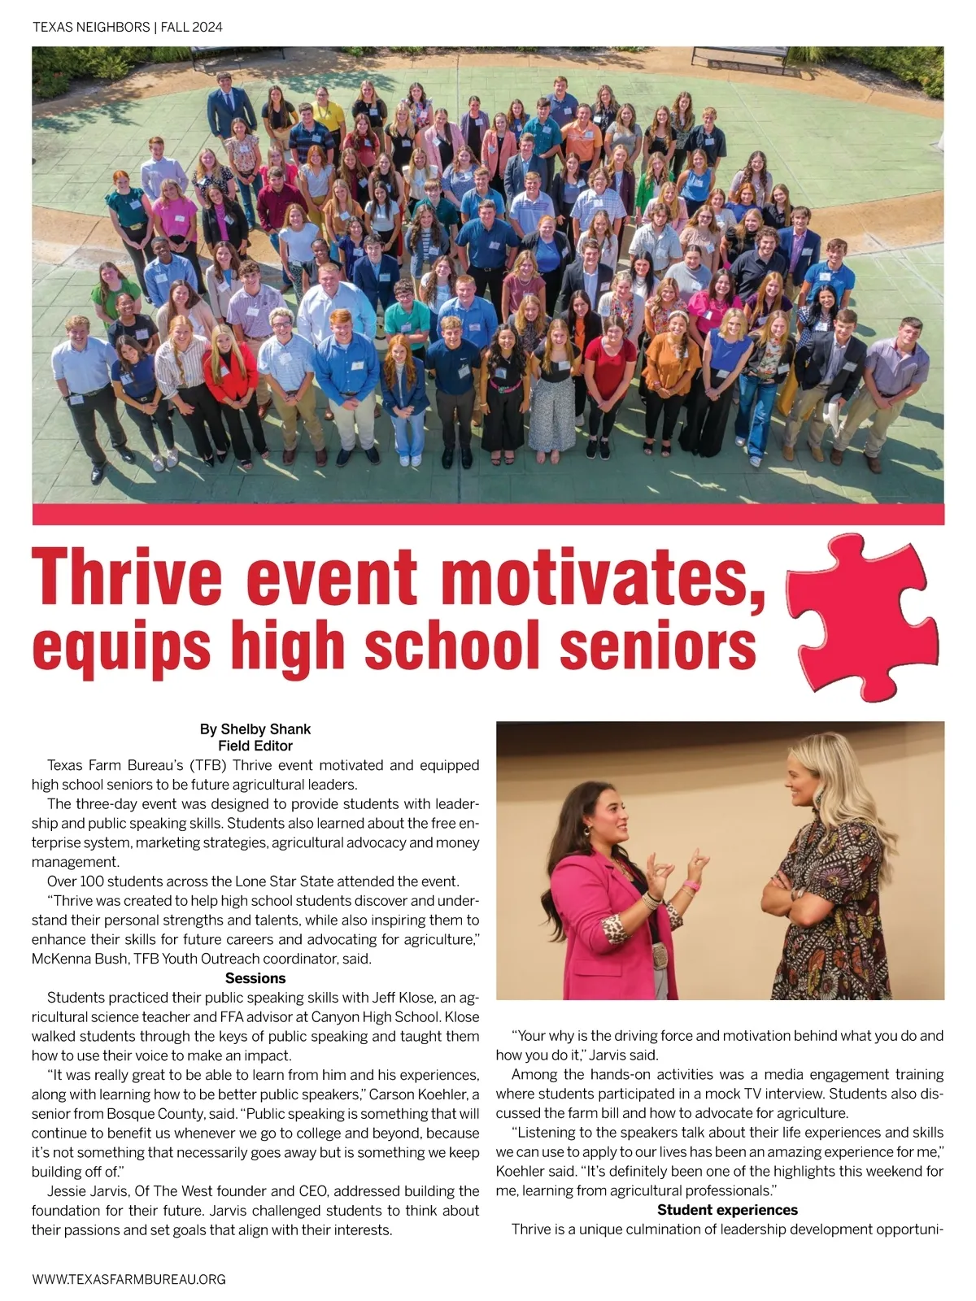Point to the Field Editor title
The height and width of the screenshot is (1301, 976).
point(255,745)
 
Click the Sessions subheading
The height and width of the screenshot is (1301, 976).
point(255,978)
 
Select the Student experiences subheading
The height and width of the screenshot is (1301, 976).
point(727,1210)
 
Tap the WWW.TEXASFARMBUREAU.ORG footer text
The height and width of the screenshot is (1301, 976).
point(129,1279)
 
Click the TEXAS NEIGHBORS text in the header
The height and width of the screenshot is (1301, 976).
point(90,27)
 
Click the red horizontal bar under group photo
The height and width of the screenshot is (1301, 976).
point(488,514)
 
